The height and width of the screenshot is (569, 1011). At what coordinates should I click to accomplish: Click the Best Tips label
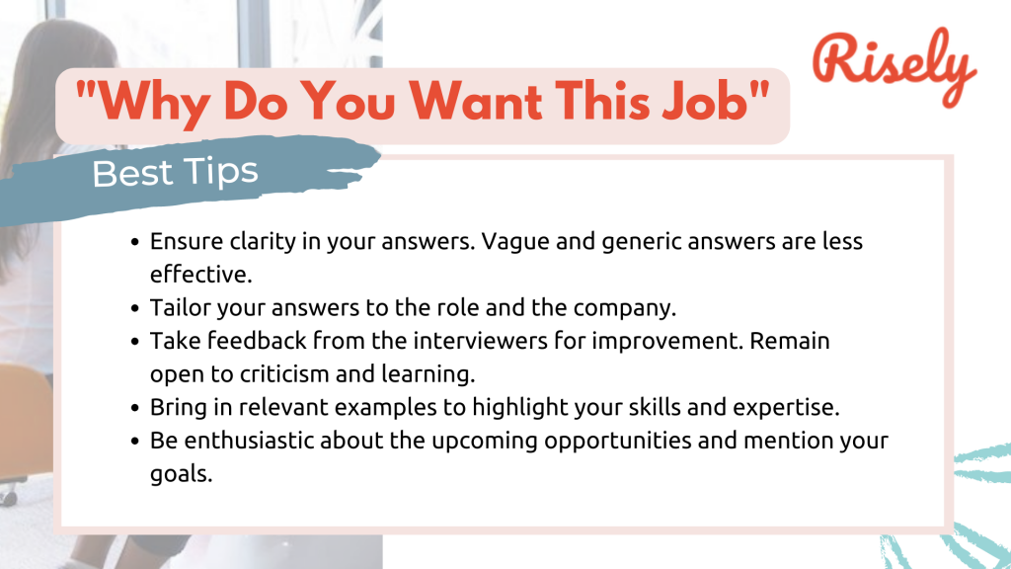pos(176,173)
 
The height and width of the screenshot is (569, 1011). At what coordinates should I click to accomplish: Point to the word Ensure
pos(181,242)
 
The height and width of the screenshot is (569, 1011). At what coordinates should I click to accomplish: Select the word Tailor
pos(177,307)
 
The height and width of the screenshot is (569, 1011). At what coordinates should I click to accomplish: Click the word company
pos(628,307)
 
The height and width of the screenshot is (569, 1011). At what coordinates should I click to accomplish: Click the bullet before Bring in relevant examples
pos(135,408)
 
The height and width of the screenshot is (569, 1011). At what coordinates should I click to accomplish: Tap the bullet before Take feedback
pos(135,342)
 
